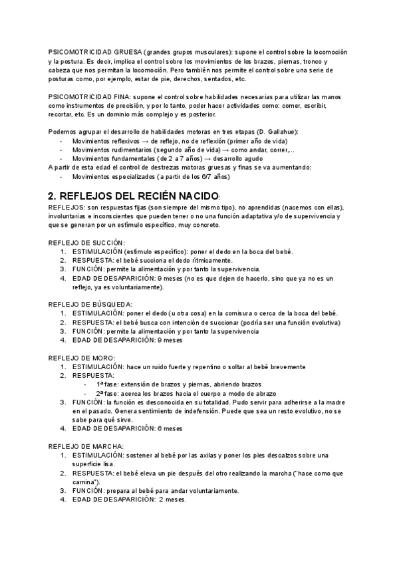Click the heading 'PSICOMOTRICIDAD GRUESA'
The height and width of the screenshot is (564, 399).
click(94, 52)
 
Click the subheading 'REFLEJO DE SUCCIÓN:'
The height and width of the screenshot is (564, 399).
click(86, 243)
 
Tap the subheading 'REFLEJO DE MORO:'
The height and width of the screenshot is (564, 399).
click(82, 357)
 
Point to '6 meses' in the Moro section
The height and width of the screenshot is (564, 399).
click(168, 428)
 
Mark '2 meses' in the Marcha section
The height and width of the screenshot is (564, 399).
click(172, 499)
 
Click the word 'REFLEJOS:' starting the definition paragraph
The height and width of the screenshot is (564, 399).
click(65, 208)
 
